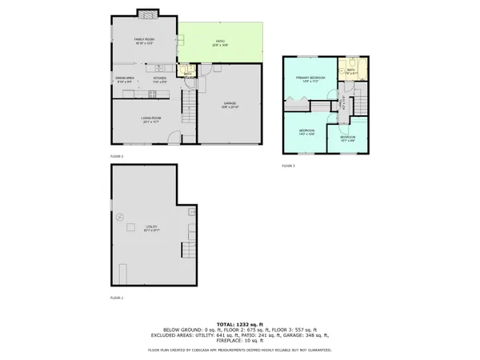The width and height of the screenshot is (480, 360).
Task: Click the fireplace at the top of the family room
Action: (x=146, y=13)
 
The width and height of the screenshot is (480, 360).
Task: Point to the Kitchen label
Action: (x=160, y=79)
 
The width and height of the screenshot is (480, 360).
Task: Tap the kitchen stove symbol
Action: (x=152, y=94)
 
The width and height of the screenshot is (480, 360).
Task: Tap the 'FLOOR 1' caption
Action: (x=117, y=298)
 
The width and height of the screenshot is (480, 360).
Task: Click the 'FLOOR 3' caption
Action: (x=288, y=166)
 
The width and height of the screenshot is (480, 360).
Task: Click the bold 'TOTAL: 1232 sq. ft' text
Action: (x=239, y=322)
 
